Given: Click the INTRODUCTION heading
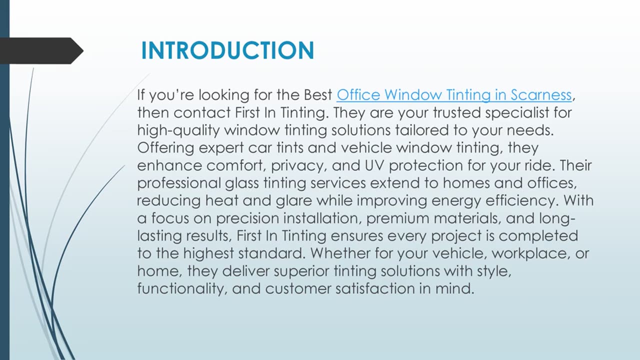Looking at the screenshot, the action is click(x=227, y=50).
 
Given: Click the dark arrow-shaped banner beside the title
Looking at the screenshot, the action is click(x=41, y=50).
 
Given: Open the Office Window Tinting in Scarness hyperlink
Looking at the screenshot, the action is click(x=454, y=95).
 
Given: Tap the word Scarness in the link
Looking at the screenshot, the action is click(x=541, y=95).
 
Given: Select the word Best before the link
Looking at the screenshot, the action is click(x=317, y=95).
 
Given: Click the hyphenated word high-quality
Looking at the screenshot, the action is click(x=178, y=131).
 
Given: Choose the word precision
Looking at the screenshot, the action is click(x=247, y=219).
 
